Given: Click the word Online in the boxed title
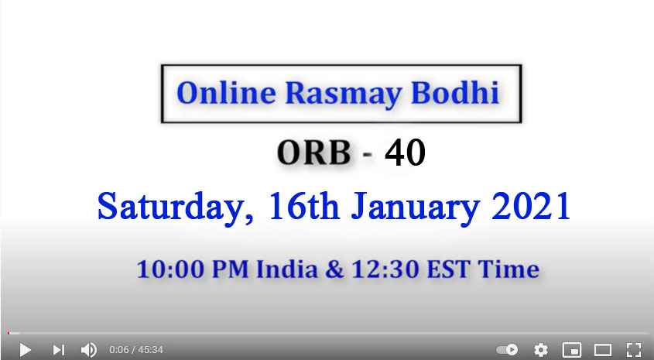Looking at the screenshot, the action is pyautogui.click(x=226, y=93).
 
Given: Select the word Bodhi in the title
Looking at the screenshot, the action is pyautogui.click(x=455, y=92).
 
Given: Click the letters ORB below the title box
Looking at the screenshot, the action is pyautogui.click(x=314, y=153).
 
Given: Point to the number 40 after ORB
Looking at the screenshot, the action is pyautogui.click(x=405, y=153).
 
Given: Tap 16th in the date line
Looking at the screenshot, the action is pyautogui.click(x=303, y=206).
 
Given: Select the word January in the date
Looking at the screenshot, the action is pyautogui.click(x=416, y=207).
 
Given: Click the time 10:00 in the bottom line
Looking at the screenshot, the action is pyautogui.click(x=171, y=269).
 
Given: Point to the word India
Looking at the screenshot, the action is pyautogui.click(x=286, y=269).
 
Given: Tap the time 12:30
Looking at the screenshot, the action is pyautogui.click(x=385, y=269).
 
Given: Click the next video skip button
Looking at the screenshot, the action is pyautogui.click(x=58, y=350).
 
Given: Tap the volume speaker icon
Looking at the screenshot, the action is pyautogui.click(x=88, y=350).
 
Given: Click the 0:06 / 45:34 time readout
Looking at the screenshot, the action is pyautogui.click(x=136, y=350).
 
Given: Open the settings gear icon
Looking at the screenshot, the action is pyautogui.click(x=541, y=350).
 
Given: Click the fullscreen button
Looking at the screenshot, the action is pyautogui.click(x=634, y=350).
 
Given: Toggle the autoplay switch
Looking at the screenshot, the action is pyautogui.click(x=507, y=350).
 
